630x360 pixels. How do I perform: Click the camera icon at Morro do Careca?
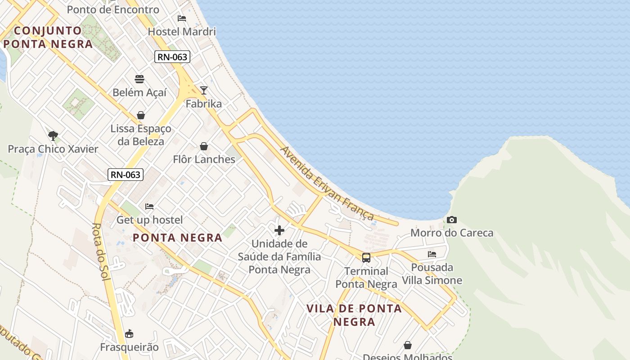452,220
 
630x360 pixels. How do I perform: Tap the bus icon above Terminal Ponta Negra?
366,258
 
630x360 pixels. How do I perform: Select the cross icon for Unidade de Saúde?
279,230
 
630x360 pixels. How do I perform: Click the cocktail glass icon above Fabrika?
204,90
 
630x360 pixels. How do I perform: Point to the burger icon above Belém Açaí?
139,80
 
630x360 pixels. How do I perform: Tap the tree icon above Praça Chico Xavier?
53,135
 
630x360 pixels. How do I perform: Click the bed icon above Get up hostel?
149,207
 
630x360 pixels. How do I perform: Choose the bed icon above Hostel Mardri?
182,18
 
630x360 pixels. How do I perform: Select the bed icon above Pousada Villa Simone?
432,254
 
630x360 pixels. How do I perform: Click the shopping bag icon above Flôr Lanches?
204,146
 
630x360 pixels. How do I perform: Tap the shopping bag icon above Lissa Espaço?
141,115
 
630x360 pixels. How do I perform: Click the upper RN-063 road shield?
172,57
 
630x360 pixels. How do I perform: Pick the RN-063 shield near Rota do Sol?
126,175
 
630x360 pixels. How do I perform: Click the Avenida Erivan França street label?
327,184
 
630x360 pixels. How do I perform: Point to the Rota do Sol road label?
101,252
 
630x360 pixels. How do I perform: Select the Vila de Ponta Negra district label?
354,315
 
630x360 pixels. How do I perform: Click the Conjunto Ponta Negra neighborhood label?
48,37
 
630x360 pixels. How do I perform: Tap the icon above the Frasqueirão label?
129,334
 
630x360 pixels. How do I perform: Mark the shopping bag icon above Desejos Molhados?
408,345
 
